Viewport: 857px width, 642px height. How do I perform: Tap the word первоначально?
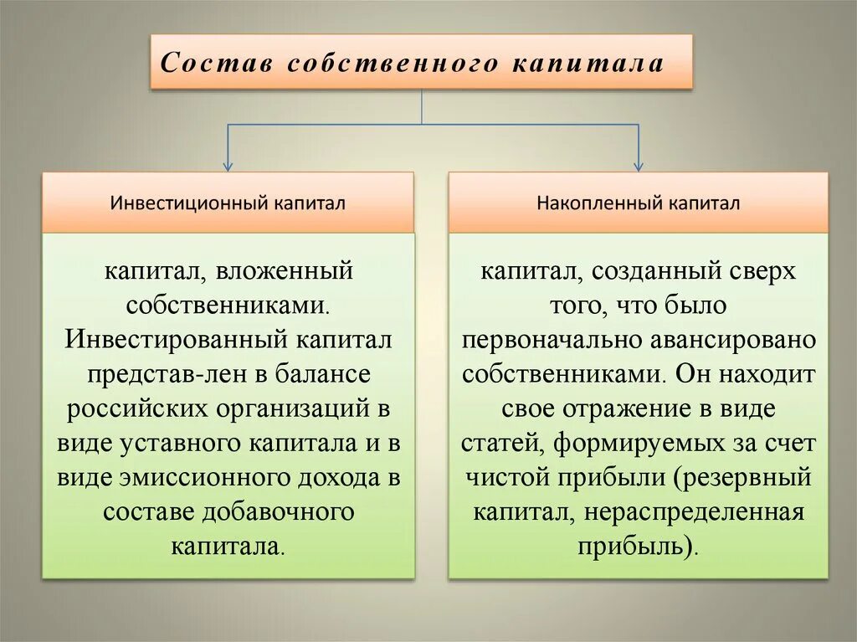546,340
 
